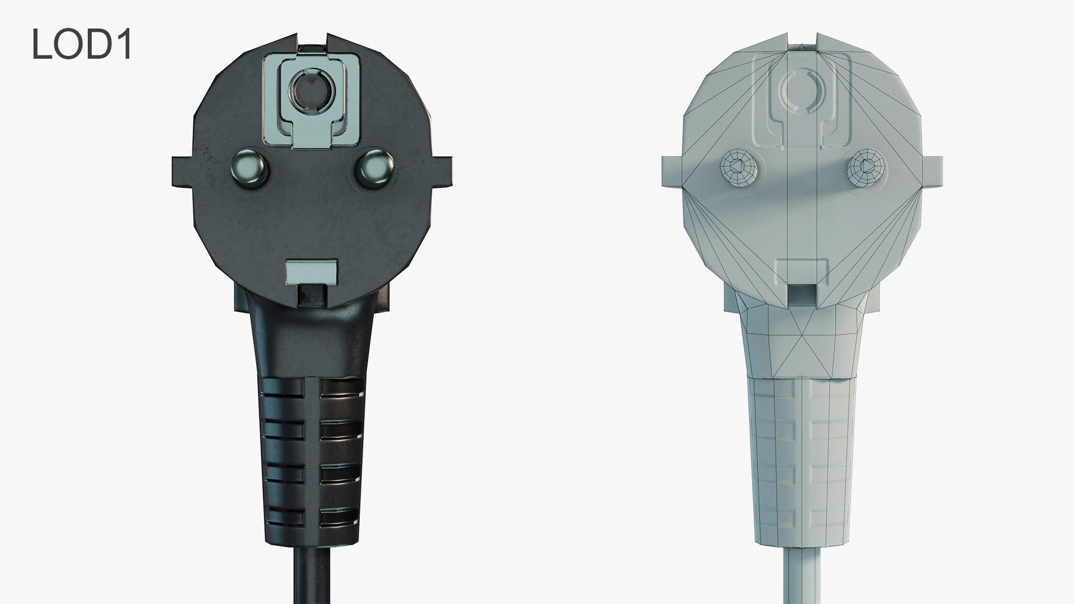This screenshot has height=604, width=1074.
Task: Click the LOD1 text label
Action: click(x=82, y=45)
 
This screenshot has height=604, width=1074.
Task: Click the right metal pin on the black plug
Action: click(x=374, y=166)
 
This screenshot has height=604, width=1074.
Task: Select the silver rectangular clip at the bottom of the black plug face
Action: click(x=311, y=272)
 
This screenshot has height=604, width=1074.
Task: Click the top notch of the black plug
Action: click(x=312, y=42)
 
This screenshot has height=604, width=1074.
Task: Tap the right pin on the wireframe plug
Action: click(x=864, y=166)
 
